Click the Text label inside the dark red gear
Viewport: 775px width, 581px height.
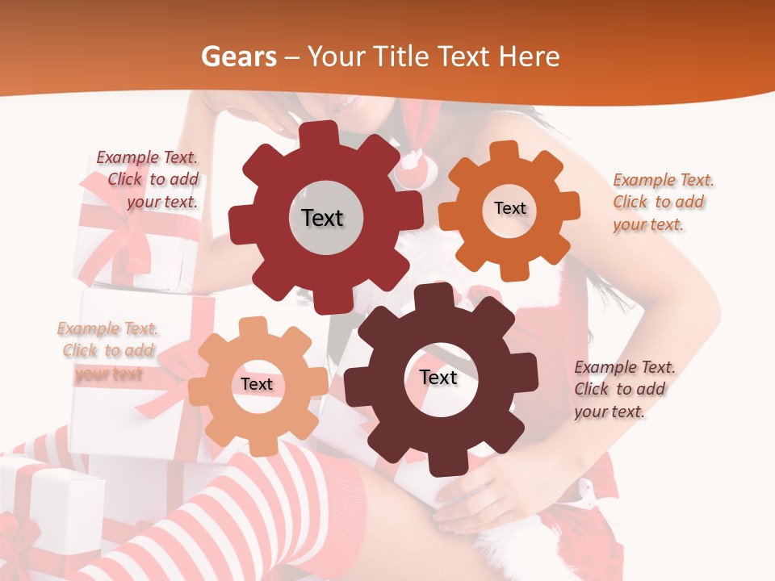coord(323,218)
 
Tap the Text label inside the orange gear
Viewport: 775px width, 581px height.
coord(509,208)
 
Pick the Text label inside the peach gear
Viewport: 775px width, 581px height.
coord(257,384)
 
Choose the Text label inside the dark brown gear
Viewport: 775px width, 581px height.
coord(438,378)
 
